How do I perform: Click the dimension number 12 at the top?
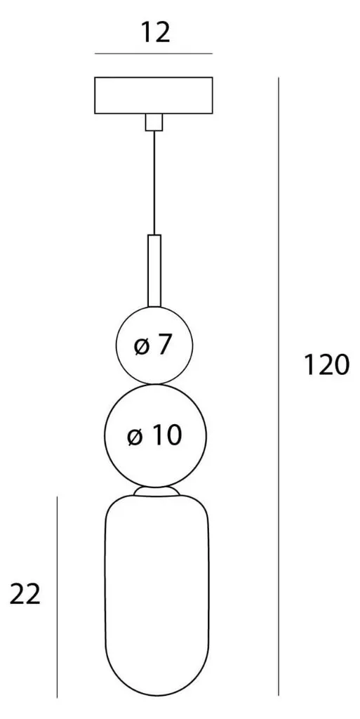click(x=155, y=32)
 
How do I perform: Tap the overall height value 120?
click(x=327, y=365)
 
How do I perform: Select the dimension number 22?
click(x=25, y=595)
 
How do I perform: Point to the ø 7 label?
click(x=152, y=345)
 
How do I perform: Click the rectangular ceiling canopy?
click(x=154, y=95)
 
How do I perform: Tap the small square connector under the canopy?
click(x=154, y=122)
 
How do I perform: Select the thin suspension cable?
click(x=154, y=183)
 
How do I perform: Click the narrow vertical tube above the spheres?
click(x=154, y=270)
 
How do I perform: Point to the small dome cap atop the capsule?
click(x=156, y=491)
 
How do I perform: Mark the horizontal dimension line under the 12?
click(x=154, y=53)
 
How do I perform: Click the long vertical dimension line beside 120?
click(x=279, y=387)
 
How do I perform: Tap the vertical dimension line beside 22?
click(x=57, y=597)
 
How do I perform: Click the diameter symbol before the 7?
click(x=142, y=347)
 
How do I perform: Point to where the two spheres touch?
click(x=155, y=384)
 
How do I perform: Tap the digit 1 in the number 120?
click(x=310, y=365)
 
